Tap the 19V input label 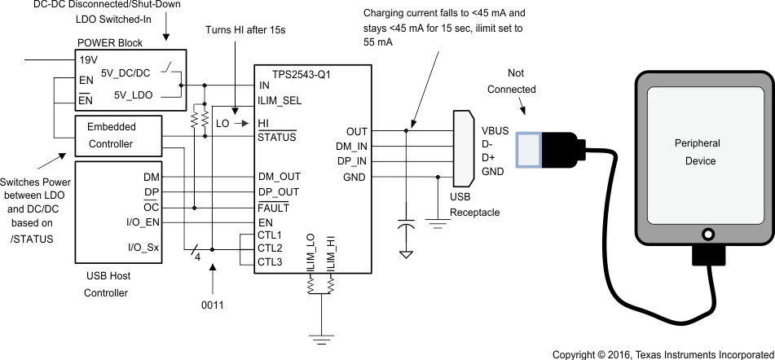89,59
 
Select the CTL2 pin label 271,248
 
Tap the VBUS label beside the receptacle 495,130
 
